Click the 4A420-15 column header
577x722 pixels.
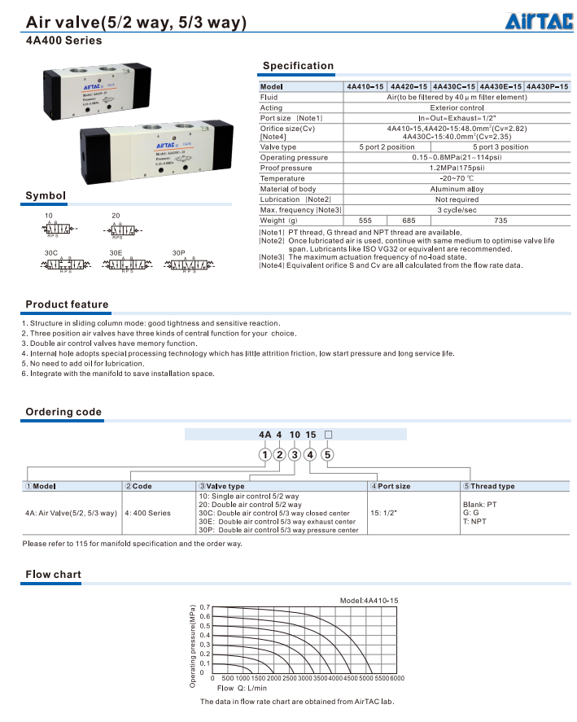click(x=409, y=86)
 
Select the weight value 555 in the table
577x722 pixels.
click(x=365, y=221)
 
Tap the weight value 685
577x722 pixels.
click(x=409, y=221)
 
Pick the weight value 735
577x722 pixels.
click(x=501, y=221)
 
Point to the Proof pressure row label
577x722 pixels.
click(x=286, y=168)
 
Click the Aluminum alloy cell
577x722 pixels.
click(x=457, y=189)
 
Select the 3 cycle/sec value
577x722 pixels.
click(x=457, y=210)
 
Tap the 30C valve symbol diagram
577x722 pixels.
click(x=59, y=265)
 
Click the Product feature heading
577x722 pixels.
click(x=67, y=304)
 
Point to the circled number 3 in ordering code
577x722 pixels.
click(x=295, y=455)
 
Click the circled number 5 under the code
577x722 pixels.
click(x=327, y=455)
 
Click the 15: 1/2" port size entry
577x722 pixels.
click(x=385, y=514)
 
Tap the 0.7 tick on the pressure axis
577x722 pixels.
click(x=205, y=608)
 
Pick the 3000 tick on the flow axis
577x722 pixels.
click(x=304, y=678)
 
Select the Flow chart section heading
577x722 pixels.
click(x=53, y=575)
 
